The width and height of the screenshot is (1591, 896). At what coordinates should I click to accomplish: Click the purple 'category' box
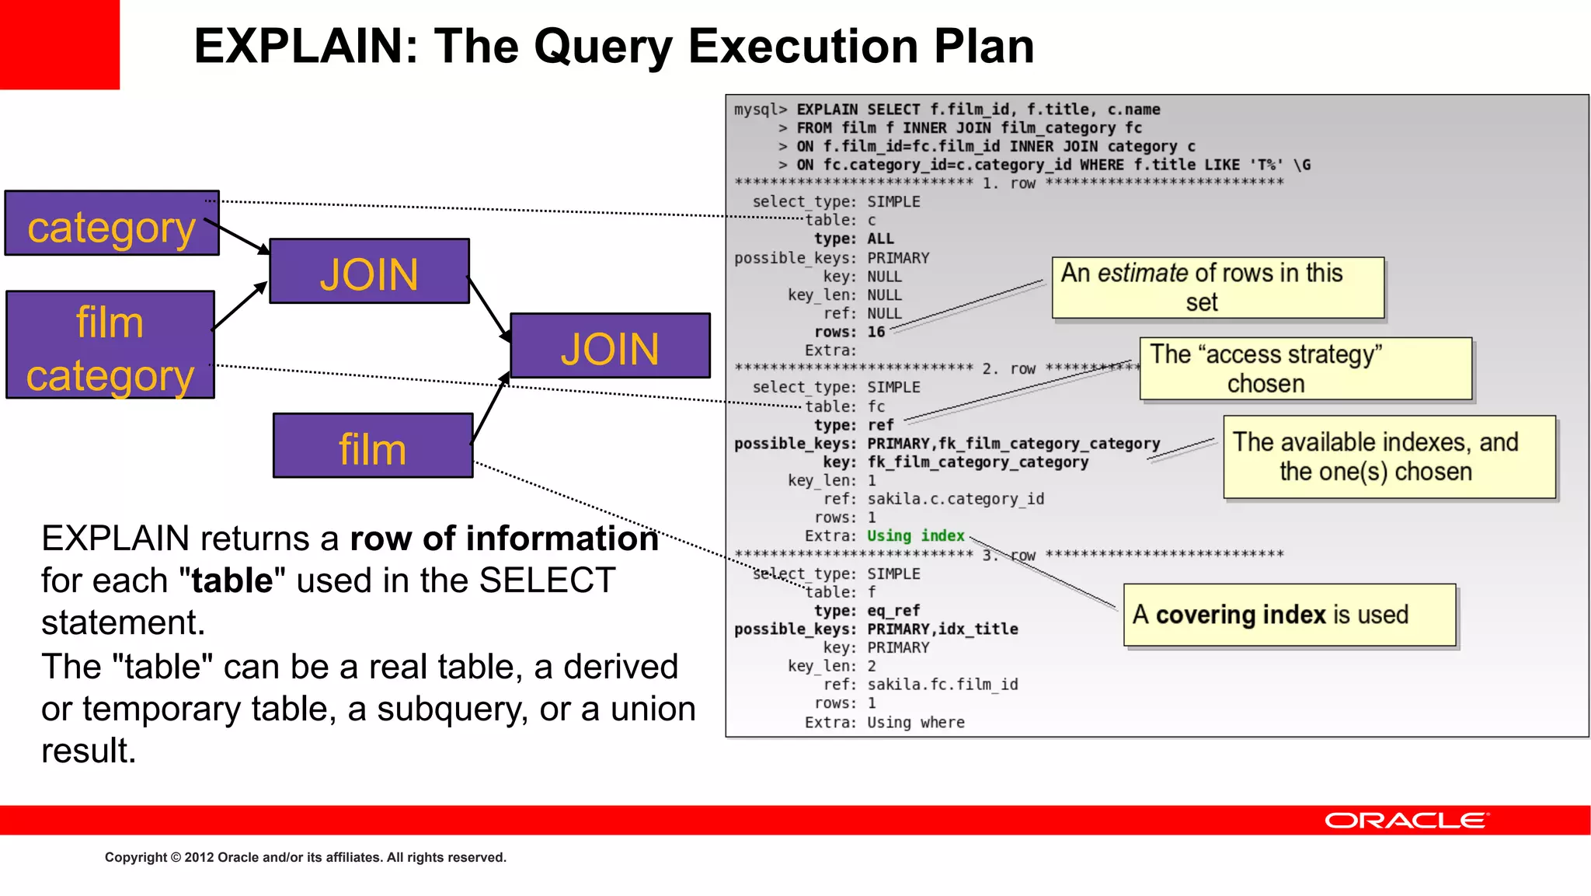112,224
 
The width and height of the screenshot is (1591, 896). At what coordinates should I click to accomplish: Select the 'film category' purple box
110,345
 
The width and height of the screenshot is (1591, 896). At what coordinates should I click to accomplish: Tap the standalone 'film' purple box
373,446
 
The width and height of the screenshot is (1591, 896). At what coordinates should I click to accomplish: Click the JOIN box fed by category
369,271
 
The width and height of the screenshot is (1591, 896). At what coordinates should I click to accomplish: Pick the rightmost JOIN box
610,347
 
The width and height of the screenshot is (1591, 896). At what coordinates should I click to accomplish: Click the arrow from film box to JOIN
489,408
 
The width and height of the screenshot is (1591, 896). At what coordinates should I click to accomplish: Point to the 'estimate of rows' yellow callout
1217,288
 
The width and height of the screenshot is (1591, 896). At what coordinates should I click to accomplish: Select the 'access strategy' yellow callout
1305,368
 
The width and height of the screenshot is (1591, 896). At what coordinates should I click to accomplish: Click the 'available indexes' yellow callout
1389,457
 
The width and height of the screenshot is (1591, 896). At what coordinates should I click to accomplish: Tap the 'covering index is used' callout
1290,615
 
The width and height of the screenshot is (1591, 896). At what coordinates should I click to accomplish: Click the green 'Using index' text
915,536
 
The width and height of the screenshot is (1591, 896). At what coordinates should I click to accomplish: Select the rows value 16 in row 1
876,333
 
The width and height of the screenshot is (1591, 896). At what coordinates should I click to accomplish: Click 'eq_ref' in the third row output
893,611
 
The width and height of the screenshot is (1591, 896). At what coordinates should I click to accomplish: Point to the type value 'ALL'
880,239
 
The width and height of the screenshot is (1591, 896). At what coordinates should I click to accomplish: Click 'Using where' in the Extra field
915,723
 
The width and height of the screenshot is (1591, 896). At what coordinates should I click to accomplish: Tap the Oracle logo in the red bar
1406,821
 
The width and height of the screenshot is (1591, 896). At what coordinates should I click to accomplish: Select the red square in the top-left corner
60,44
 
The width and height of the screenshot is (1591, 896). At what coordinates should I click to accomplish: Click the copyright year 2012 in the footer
199,857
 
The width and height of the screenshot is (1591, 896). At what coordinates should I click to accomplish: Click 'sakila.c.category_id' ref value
956,499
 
